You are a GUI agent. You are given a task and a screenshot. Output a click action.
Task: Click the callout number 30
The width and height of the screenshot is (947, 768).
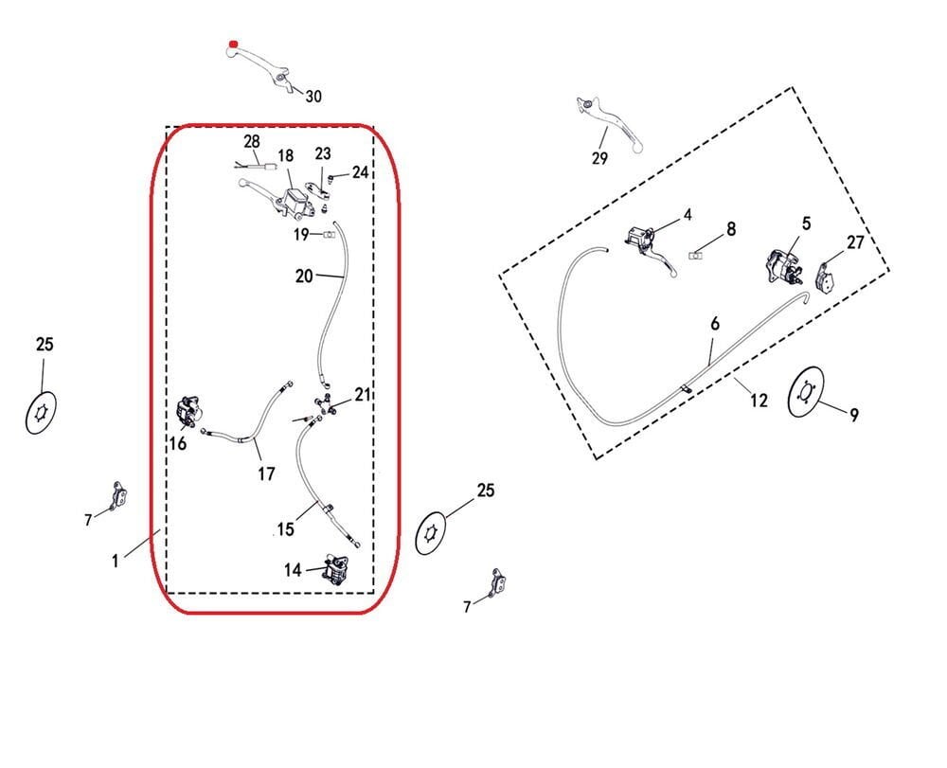(x=313, y=97)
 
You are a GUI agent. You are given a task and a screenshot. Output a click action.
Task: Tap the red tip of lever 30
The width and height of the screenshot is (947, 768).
(x=231, y=45)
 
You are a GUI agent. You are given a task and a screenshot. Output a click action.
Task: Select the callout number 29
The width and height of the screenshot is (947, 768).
(x=599, y=159)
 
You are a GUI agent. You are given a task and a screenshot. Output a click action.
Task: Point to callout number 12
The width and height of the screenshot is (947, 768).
(x=759, y=402)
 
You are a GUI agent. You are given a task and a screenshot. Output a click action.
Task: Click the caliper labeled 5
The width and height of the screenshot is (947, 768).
(x=779, y=264)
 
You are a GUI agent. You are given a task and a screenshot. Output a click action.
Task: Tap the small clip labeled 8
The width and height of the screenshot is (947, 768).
(x=697, y=255)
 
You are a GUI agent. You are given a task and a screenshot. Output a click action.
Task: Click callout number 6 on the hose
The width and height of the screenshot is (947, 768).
(x=715, y=324)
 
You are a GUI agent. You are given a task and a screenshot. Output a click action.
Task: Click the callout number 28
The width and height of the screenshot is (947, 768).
(x=251, y=141)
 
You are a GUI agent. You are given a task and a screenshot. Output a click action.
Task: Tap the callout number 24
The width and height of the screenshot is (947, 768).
(x=360, y=172)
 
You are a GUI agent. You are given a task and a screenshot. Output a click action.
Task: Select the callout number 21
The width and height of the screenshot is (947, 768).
(x=364, y=394)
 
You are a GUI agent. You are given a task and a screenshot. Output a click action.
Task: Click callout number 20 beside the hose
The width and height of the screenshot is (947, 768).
(x=304, y=277)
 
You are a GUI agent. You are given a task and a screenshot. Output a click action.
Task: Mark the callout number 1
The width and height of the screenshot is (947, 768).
(x=116, y=561)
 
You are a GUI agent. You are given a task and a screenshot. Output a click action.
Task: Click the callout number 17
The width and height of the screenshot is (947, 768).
(x=267, y=473)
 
